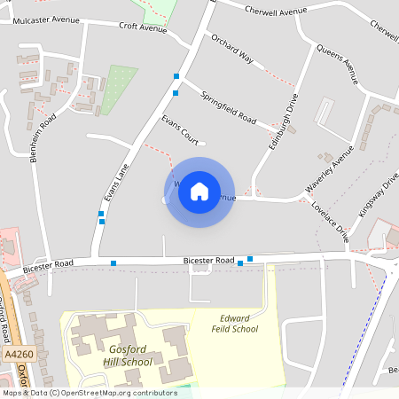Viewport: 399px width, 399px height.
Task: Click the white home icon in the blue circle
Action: tap(199, 191)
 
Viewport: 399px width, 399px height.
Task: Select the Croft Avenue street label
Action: tap(143, 27)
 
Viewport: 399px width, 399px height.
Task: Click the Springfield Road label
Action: tap(228, 108)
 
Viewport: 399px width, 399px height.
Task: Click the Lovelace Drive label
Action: tap(331, 220)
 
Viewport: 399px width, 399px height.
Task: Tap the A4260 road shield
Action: tap(18, 354)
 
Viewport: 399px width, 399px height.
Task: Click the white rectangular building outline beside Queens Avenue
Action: tap(325, 112)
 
